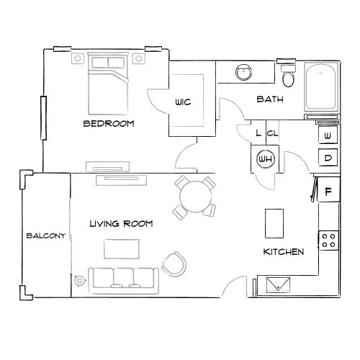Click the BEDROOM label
tap(109, 124)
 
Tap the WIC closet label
tap(183, 102)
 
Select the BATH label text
tap(270, 99)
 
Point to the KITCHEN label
tap(284, 252)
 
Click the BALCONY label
tap(46, 235)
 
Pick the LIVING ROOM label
tap(121, 224)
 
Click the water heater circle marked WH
tap(266, 158)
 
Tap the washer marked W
tap(328, 135)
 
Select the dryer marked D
tap(328, 158)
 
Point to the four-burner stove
tap(328, 240)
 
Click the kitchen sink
tap(278, 285)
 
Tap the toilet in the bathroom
tap(288, 76)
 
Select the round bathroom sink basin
tap(244, 72)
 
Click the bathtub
tap(321, 86)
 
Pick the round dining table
tap(196, 197)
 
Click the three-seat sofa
tap(124, 281)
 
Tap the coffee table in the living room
tap(122, 249)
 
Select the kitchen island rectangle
tap(274, 223)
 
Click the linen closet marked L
tap(258, 132)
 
